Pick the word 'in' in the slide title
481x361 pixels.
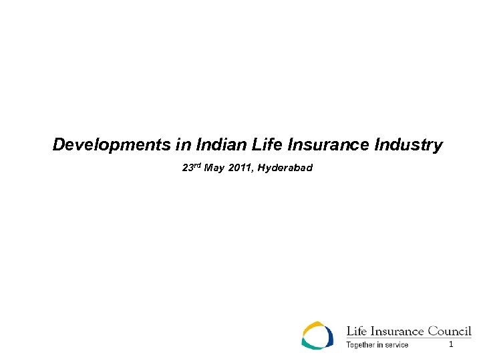click(183, 144)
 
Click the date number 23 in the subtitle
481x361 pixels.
click(187, 168)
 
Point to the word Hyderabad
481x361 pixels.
click(285, 168)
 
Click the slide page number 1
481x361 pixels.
click(451, 344)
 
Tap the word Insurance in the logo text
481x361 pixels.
click(397, 331)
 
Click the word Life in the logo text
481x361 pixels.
click(355, 331)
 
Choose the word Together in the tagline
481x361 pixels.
click(360, 345)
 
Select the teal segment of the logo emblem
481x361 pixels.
click(311, 344)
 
